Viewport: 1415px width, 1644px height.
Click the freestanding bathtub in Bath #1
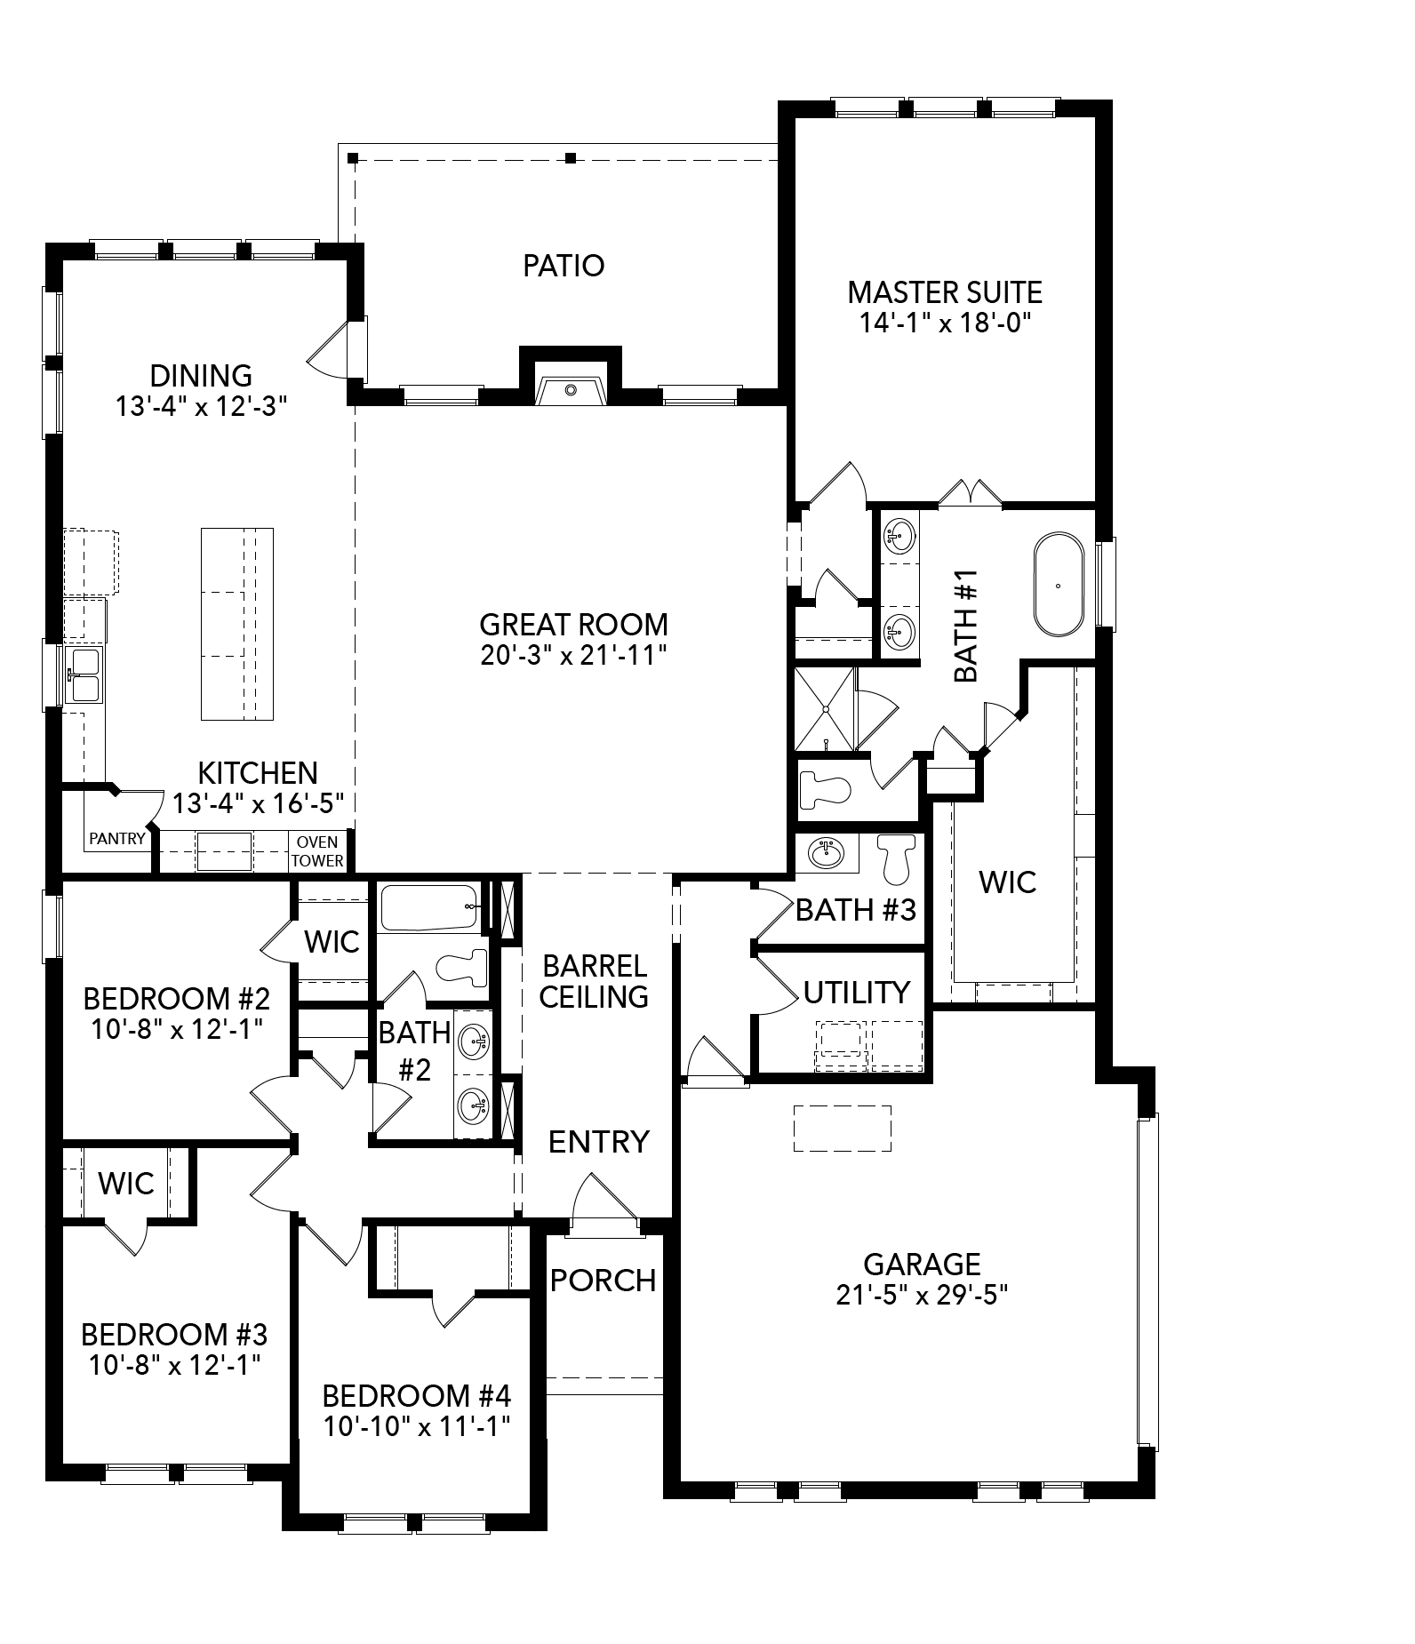(1058, 585)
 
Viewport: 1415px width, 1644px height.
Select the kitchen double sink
(85, 674)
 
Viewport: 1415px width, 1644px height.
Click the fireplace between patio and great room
(570, 387)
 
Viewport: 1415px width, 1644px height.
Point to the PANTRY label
(116, 838)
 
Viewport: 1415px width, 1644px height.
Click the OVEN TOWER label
(317, 850)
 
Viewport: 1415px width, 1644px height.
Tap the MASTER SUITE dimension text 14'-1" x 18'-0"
(944, 323)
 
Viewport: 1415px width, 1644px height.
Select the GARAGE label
(922, 1264)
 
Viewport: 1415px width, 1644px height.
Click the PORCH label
(603, 1281)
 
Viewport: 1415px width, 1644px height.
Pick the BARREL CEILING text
(594, 981)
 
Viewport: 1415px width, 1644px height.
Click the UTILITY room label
(856, 992)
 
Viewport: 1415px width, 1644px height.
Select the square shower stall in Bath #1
(824, 708)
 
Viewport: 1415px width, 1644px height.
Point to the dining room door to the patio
(332, 351)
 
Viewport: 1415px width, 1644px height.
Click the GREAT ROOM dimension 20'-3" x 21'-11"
(573, 656)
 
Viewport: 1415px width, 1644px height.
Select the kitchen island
(236, 624)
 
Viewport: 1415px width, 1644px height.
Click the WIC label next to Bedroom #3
(126, 1184)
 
